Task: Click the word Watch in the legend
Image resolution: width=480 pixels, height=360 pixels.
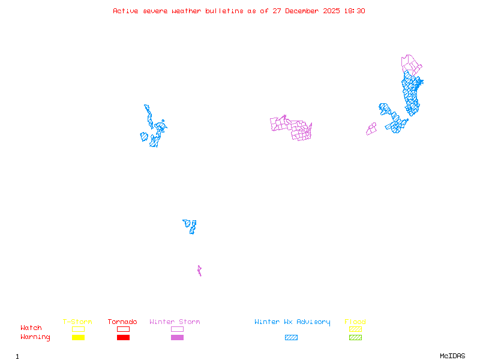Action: pos(31,328)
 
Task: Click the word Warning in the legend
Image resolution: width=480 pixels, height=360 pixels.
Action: pos(35,337)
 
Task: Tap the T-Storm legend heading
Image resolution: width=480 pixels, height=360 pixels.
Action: pos(77,322)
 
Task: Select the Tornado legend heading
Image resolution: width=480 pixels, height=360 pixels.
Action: pos(122,322)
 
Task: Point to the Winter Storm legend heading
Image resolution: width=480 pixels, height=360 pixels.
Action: pos(175,322)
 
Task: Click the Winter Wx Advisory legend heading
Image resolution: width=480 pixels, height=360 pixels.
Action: pos(292,322)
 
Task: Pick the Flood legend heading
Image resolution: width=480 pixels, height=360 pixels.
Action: pos(355,322)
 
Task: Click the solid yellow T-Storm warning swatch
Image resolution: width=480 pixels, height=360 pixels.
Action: pos(78,338)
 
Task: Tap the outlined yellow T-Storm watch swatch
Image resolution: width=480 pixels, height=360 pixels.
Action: pos(78,329)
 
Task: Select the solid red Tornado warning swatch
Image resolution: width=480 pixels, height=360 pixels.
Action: pos(123,338)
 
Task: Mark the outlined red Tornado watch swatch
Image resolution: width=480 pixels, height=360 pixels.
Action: pos(123,329)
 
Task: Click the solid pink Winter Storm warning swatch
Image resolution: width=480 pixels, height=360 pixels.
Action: pos(177,338)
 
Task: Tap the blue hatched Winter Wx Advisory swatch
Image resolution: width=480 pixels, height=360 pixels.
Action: pos(291,338)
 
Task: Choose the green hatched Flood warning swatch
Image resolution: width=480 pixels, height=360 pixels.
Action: pos(355,338)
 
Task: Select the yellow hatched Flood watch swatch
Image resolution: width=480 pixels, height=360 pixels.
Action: pos(355,329)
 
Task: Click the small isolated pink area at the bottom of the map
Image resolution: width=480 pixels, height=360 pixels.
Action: pos(199,271)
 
